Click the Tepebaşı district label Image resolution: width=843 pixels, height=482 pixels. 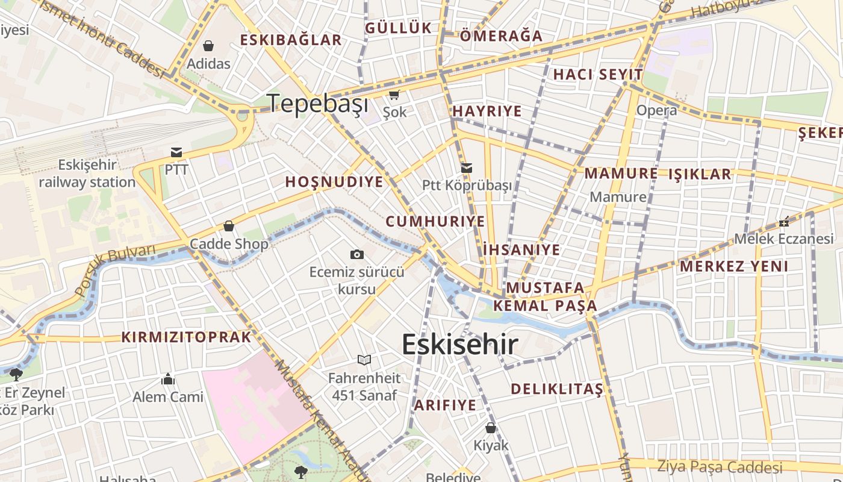tap(317, 104)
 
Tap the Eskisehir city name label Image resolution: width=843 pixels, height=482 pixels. tap(459, 345)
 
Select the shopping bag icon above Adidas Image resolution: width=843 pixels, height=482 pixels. tap(208, 46)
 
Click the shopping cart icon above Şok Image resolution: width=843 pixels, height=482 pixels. tap(394, 95)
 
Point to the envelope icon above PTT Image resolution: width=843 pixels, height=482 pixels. tap(176, 152)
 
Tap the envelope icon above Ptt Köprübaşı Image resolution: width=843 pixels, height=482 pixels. tap(467, 168)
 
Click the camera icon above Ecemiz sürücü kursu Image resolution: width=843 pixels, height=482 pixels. tap(356, 254)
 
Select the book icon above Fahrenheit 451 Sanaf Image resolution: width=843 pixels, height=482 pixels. tap(364, 360)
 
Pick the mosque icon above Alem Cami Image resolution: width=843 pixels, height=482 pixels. tap(168, 379)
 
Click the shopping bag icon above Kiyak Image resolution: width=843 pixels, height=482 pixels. tap(491, 428)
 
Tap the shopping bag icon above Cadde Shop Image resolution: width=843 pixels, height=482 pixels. tap(229, 227)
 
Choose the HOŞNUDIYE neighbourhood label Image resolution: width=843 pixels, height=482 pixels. tap(334, 182)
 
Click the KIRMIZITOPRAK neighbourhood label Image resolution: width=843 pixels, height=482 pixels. tap(186, 337)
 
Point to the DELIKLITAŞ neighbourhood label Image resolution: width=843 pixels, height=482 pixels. tap(556, 389)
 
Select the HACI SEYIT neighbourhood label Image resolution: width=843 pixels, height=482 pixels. tap(598, 75)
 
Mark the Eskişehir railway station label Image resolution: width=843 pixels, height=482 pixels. tap(87, 174)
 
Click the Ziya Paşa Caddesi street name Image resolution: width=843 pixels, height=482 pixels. tap(719, 467)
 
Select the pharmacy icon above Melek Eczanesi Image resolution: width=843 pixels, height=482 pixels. tap(783, 222)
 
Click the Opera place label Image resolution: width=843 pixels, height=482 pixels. tap(656, 111)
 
